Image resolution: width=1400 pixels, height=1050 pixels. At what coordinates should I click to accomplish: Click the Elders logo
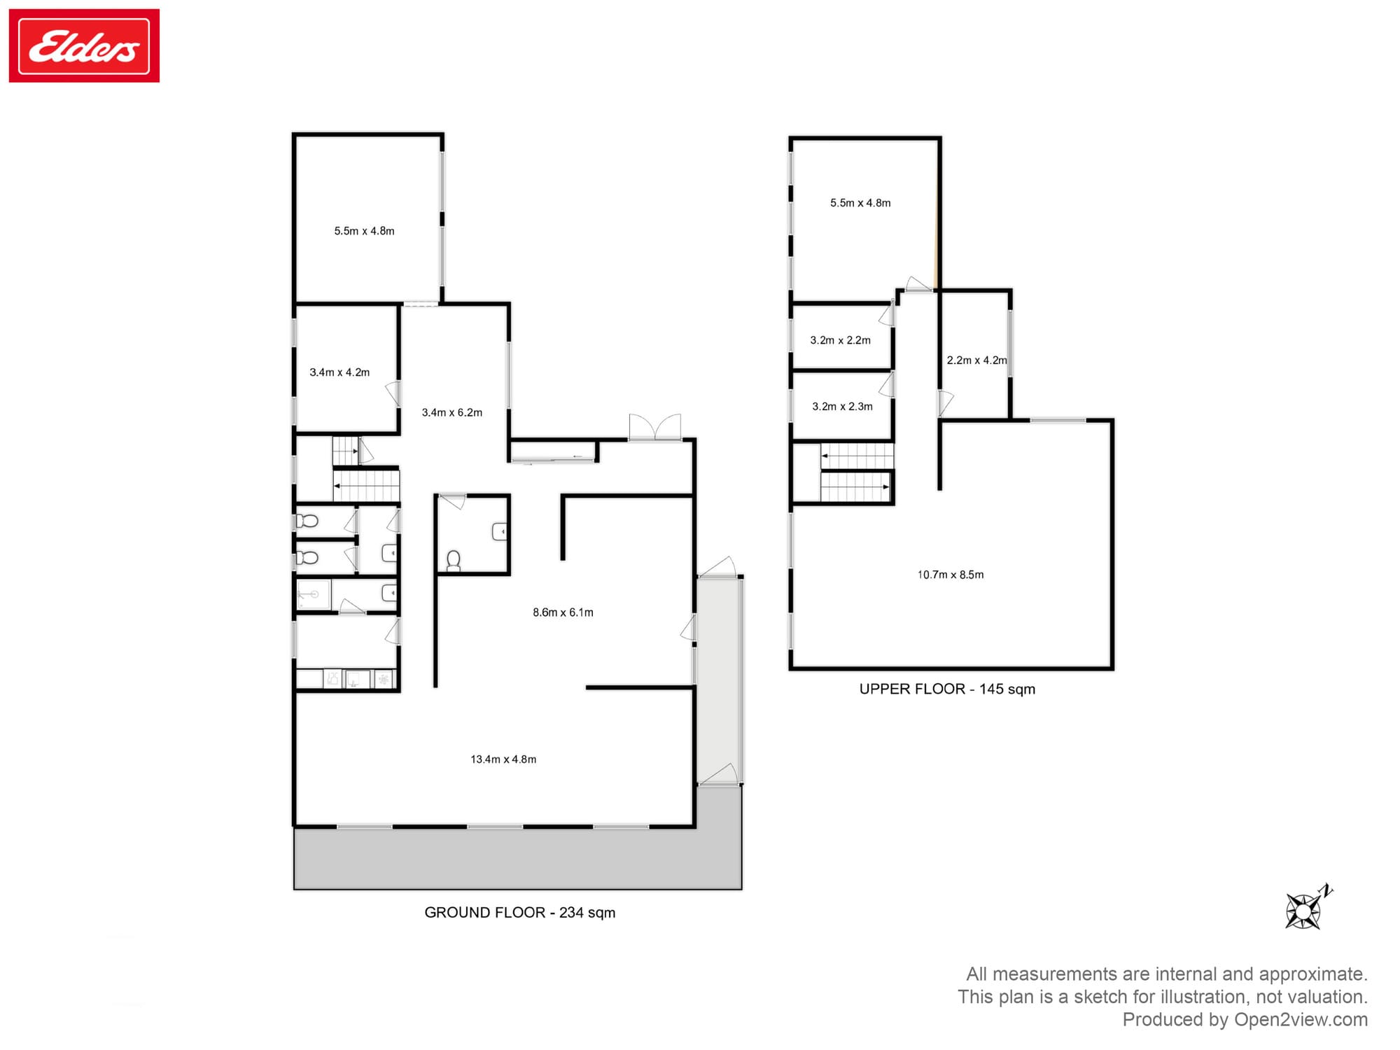(84, 46)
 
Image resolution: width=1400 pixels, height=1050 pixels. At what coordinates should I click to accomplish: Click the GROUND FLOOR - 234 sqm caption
(519, 913)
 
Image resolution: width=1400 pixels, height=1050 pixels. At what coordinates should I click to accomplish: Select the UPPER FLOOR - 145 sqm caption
(946, 689)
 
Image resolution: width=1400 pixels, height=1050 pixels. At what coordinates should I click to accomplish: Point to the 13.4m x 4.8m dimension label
(503, 759)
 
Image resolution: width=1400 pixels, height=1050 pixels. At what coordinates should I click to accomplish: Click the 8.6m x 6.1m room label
(563, 612)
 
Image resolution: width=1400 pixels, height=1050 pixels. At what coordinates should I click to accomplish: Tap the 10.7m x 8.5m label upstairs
(950, 575)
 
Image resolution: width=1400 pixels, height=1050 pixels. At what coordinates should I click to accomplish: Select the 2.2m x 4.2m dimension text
(976, 360)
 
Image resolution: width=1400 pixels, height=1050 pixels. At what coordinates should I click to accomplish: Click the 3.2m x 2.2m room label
(840, 341)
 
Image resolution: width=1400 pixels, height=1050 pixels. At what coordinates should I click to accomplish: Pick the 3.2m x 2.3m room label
(842, 407)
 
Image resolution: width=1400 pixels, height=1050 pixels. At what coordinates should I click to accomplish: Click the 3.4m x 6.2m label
(451, 413)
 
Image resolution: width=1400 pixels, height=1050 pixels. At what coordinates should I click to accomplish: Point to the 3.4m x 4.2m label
(339, 372)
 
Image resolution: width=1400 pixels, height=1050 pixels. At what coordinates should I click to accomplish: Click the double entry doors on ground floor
(654, 428)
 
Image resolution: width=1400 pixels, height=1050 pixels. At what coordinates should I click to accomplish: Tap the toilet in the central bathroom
(454, 561)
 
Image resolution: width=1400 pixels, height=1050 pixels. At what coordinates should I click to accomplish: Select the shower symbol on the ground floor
(312, 595)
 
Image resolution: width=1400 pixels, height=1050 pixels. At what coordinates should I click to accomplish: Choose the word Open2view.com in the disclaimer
(1301, 1020)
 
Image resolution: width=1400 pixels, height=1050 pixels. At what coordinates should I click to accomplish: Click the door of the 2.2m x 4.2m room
(945, 404)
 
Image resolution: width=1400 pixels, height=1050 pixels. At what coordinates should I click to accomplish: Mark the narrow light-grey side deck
(719, 679)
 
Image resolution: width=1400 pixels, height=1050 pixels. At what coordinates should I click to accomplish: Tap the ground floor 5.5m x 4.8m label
(364, 231)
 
